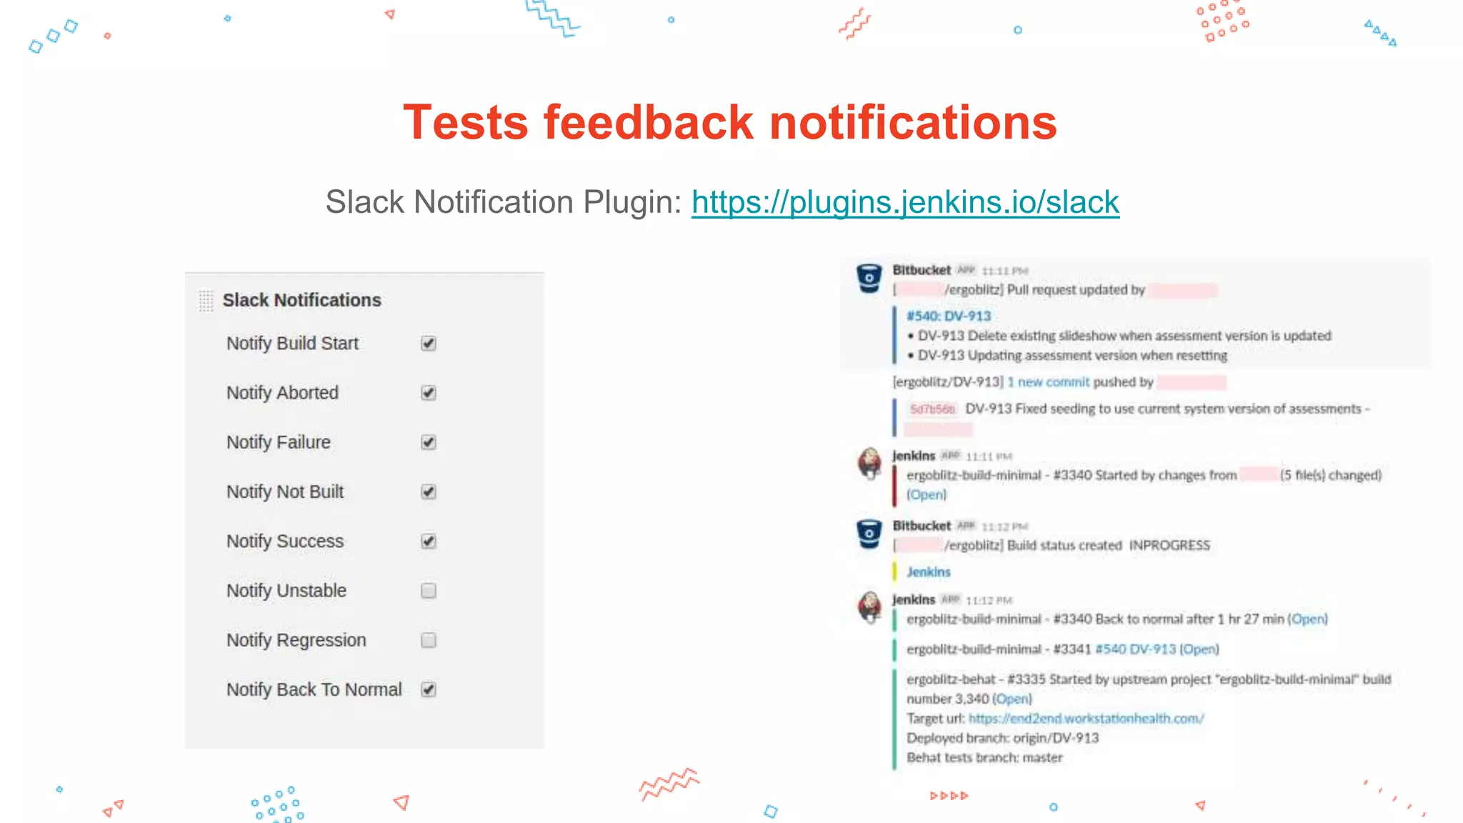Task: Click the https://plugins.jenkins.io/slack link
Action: pos(904,202)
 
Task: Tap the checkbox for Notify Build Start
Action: pos(429,344)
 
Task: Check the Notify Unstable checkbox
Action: pos(429,591)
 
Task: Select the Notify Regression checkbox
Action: pos(429,640)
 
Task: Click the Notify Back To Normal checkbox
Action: pos(429,689)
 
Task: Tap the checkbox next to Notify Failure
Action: pos(429,442)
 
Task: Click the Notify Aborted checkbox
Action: pos(429,393)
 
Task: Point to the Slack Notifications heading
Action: pos(301,300)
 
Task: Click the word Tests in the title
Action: pos(465,122)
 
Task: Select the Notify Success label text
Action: pos(285,542)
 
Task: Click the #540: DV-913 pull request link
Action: pos(949,316)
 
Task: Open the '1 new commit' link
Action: pos(1048,382)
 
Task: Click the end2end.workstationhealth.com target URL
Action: pos(1086,719)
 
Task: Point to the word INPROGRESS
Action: pos(1169,546)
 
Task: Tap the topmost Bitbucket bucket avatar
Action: pos(869,278)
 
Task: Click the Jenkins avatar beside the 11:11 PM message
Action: pos(869,464)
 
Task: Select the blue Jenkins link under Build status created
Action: pos(928,572)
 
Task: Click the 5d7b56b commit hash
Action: pos(932,409)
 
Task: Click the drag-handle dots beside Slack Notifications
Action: pos(206,301)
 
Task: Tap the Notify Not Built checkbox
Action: pos(429,492)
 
